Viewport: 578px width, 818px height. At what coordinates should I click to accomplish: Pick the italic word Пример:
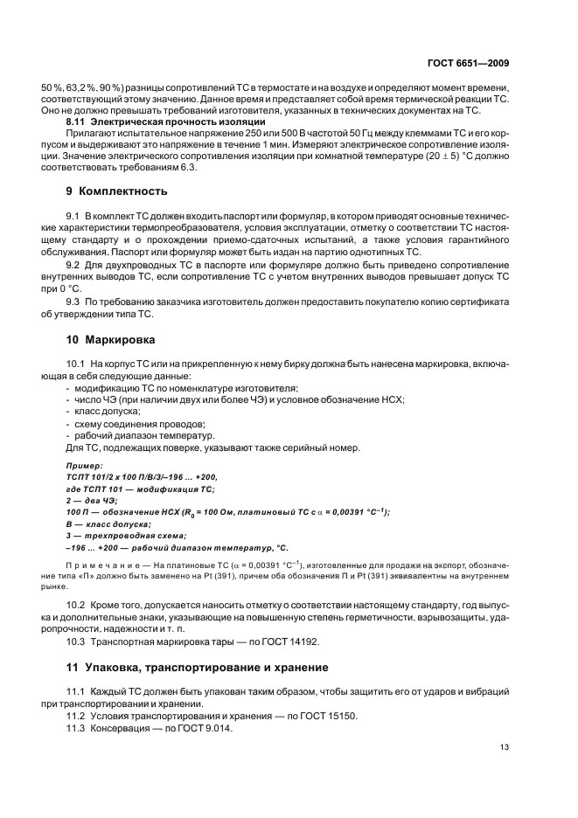pos(84,467)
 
